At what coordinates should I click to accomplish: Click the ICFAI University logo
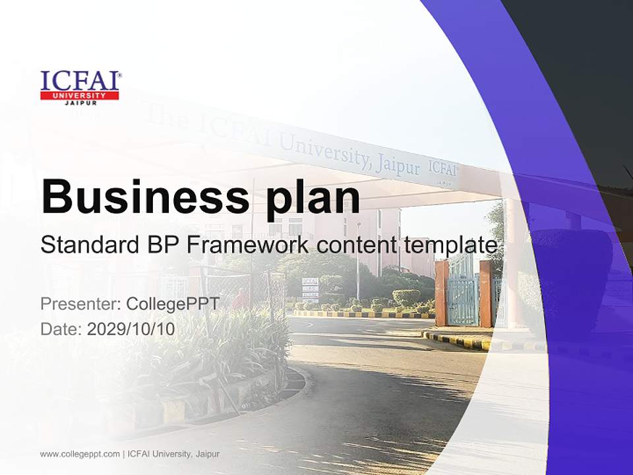click(x=80, y=88)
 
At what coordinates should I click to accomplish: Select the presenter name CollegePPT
click(x=172, y=304)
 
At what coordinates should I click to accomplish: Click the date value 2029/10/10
click(x=131, y=329)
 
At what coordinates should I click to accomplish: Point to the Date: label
click(x=61, y=329)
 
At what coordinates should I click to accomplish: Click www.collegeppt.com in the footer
click(x=80, y=454)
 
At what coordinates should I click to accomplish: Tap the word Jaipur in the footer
click(x=207, y=454)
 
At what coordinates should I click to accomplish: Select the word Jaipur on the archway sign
click(x=398, y=165)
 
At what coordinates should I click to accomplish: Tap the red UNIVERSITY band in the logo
click(x=79, y=96)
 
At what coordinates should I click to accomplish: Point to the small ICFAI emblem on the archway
click(x=442, y=169)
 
